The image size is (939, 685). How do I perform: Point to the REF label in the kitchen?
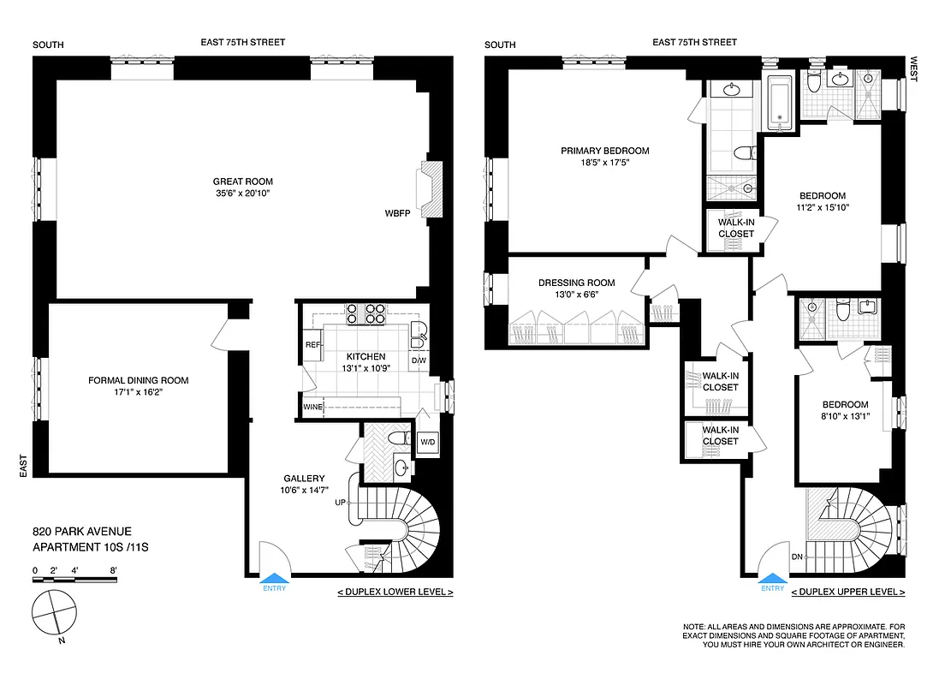point(312,345)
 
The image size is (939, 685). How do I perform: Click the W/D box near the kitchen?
point(427,442)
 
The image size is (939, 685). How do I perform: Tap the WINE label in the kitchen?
point(312,408)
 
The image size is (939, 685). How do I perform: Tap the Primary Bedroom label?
point(604,151)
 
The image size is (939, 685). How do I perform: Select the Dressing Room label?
point(576,283)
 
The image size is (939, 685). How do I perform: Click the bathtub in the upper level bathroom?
point(780,104)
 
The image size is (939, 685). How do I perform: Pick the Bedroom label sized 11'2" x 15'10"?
point(822,195)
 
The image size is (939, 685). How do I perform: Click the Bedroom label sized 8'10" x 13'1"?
point(845,405)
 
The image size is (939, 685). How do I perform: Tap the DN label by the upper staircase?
point(797,557)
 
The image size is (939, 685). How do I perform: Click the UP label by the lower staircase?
point(341,503)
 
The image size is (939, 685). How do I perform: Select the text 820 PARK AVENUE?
point(82,532)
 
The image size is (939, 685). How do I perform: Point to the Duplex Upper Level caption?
point(847,593)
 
